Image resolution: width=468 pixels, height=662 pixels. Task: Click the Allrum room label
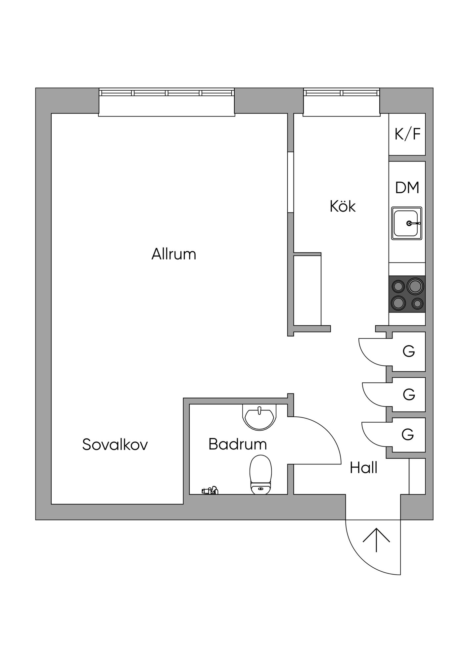pos(174,254)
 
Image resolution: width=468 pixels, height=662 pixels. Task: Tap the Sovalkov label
pos(115,444)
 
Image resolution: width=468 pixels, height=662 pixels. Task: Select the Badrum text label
pos(238,444)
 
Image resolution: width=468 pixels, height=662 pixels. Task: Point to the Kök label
pos(343,206)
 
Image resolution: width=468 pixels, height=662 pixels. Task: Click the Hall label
pos(363,468)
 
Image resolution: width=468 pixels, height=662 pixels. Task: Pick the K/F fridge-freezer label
pos(407,134)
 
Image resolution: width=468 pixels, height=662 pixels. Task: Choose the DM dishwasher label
pos(407,187)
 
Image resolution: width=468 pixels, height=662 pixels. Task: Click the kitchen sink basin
pos(407,223)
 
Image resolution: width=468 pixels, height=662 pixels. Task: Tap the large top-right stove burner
pos(415,286)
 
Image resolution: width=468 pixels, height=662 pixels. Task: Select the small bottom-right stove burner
pos(417,303)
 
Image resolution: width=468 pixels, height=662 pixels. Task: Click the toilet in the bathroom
pos(261,475)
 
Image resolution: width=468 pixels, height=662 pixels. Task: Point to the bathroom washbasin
pos(259,417)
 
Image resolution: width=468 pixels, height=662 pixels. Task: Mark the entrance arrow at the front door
pos(376,540)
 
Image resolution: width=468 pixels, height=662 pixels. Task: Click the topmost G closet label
pos(409,351)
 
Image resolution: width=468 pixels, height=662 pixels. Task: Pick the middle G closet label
pos(409,394)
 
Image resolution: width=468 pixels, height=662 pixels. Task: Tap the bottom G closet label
pos(408,434)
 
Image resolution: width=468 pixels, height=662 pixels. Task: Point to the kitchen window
pos(342,102)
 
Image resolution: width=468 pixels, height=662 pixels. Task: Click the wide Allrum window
pos(167,102)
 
